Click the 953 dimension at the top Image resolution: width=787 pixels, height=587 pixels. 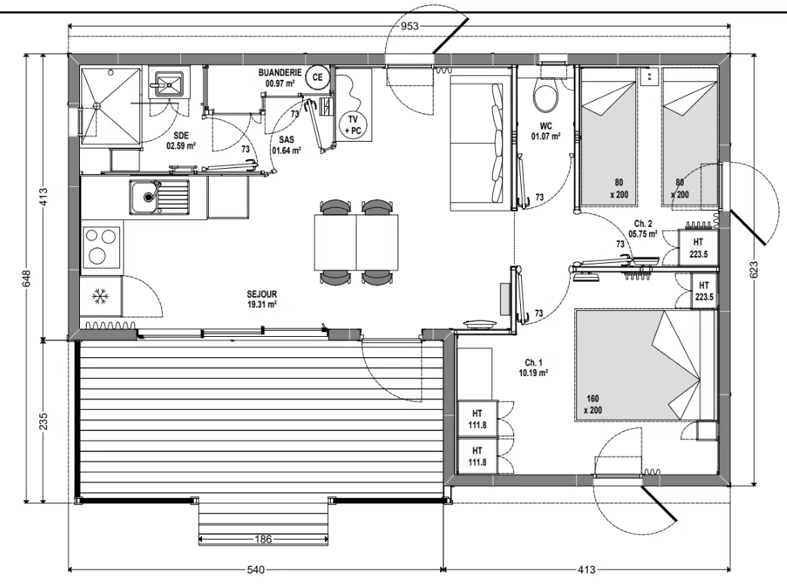click(409, 26)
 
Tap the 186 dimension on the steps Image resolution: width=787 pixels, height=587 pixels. click(263, 540)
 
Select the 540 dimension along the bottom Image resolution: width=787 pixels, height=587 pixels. click(256, 570)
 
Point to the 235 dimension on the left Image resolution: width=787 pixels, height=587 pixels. click(43, 421)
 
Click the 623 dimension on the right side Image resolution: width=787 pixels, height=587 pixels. click(753, 270)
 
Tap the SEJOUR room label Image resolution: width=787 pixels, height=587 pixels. click(262, 294)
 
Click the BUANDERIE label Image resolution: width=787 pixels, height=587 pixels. click(280, 73)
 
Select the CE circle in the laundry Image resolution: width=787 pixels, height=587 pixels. click(317, 78)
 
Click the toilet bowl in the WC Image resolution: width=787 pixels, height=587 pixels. click(546, 96)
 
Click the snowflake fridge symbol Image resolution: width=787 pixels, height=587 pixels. click(100, 296)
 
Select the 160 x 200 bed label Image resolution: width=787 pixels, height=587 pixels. click(593, 405)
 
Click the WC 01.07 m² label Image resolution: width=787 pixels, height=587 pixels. click(546, 131)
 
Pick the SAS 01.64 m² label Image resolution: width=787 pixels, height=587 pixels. click(286, 145)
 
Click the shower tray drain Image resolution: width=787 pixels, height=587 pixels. click(97, 105)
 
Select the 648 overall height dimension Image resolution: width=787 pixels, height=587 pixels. click(26, 279)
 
